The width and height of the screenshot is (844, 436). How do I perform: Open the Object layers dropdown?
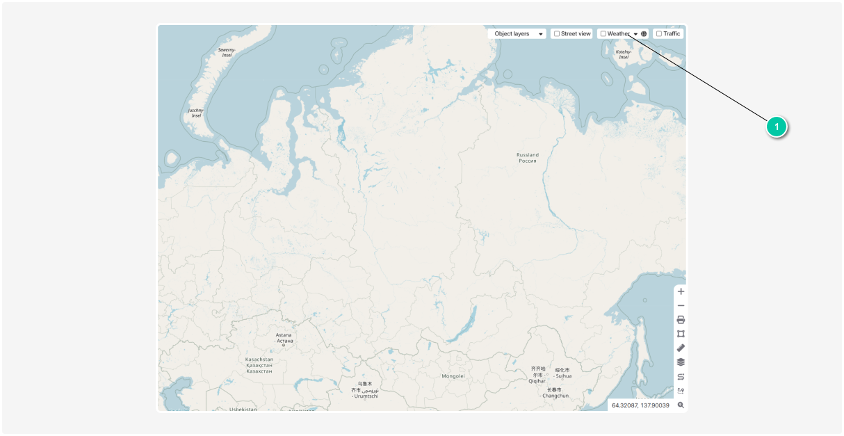(517, 33)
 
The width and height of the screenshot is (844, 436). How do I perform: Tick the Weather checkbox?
(603, 33)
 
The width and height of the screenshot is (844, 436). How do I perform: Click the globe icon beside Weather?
(644, 33)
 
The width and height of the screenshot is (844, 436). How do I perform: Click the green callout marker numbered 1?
(777, 127)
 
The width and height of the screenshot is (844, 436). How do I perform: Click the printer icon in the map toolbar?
(681, 320)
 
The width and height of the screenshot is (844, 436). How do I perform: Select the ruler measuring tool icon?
(681, 348)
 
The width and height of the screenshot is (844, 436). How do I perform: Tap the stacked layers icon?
(681, 362)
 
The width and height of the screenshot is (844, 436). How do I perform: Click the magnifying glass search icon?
(681, 405)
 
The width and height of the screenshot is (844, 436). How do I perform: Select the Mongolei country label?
(453, 376)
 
